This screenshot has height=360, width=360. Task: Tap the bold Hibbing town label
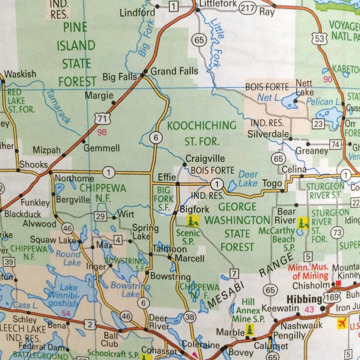pyautogui.click(x=304, y=299)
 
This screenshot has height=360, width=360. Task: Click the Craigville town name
pyautogui.click(x=205, y=159)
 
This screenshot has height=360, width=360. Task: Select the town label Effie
pyautogui.click(x=167, y=177)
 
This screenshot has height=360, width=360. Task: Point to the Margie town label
pyautogui.click(x=99, y=95)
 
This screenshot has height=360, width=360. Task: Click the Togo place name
pyautogui.click(x=272, y=183)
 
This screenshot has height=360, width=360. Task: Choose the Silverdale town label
pyautogui.click(x=268, y=134)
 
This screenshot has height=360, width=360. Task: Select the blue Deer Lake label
pyautogui.click(x=248, y=178)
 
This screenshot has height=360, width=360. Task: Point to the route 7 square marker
pyautogui.click(x=234, y=273)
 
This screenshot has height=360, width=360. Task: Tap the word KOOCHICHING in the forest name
pyautogui.click(x=202, y=125)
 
